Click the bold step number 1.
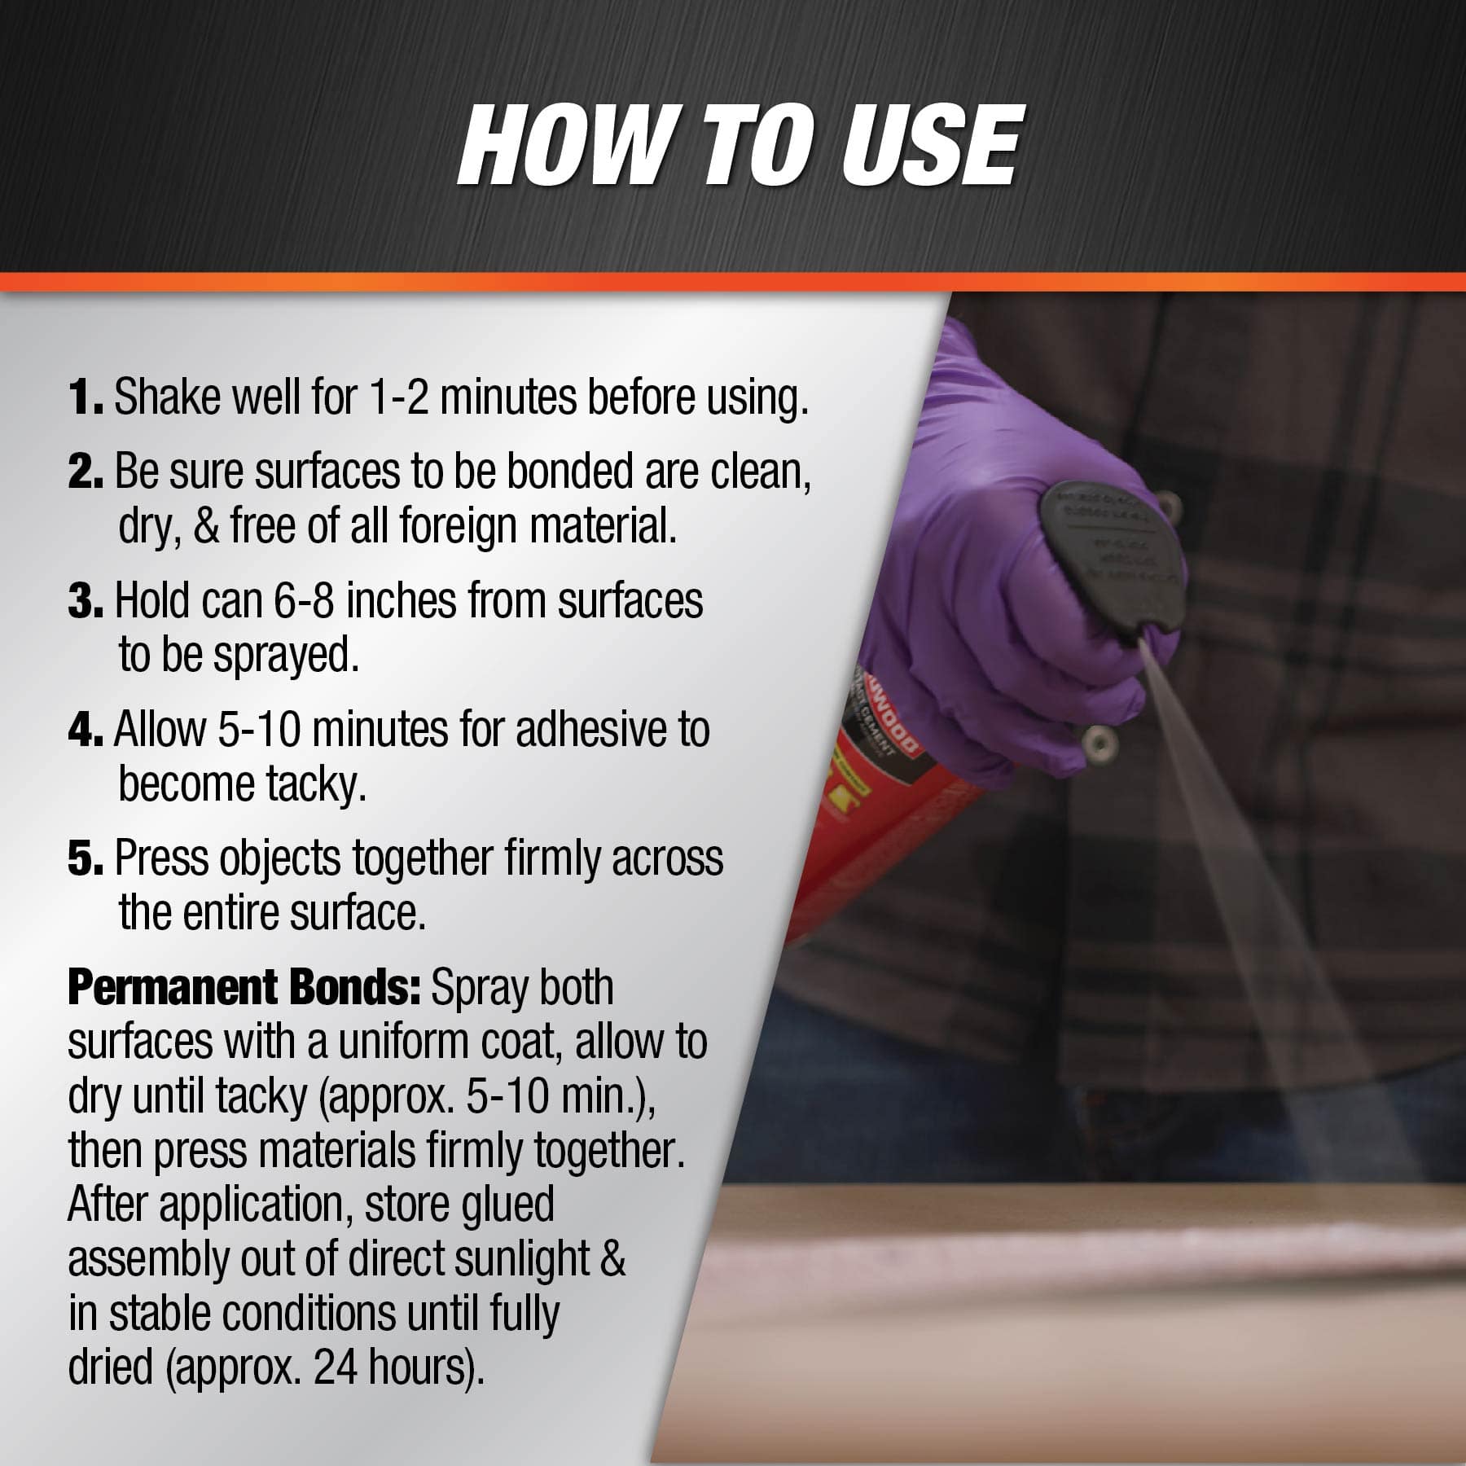pos(85,397)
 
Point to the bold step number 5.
pos(85,858)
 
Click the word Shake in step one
pos(166,397)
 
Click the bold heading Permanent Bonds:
pos(243,988)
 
